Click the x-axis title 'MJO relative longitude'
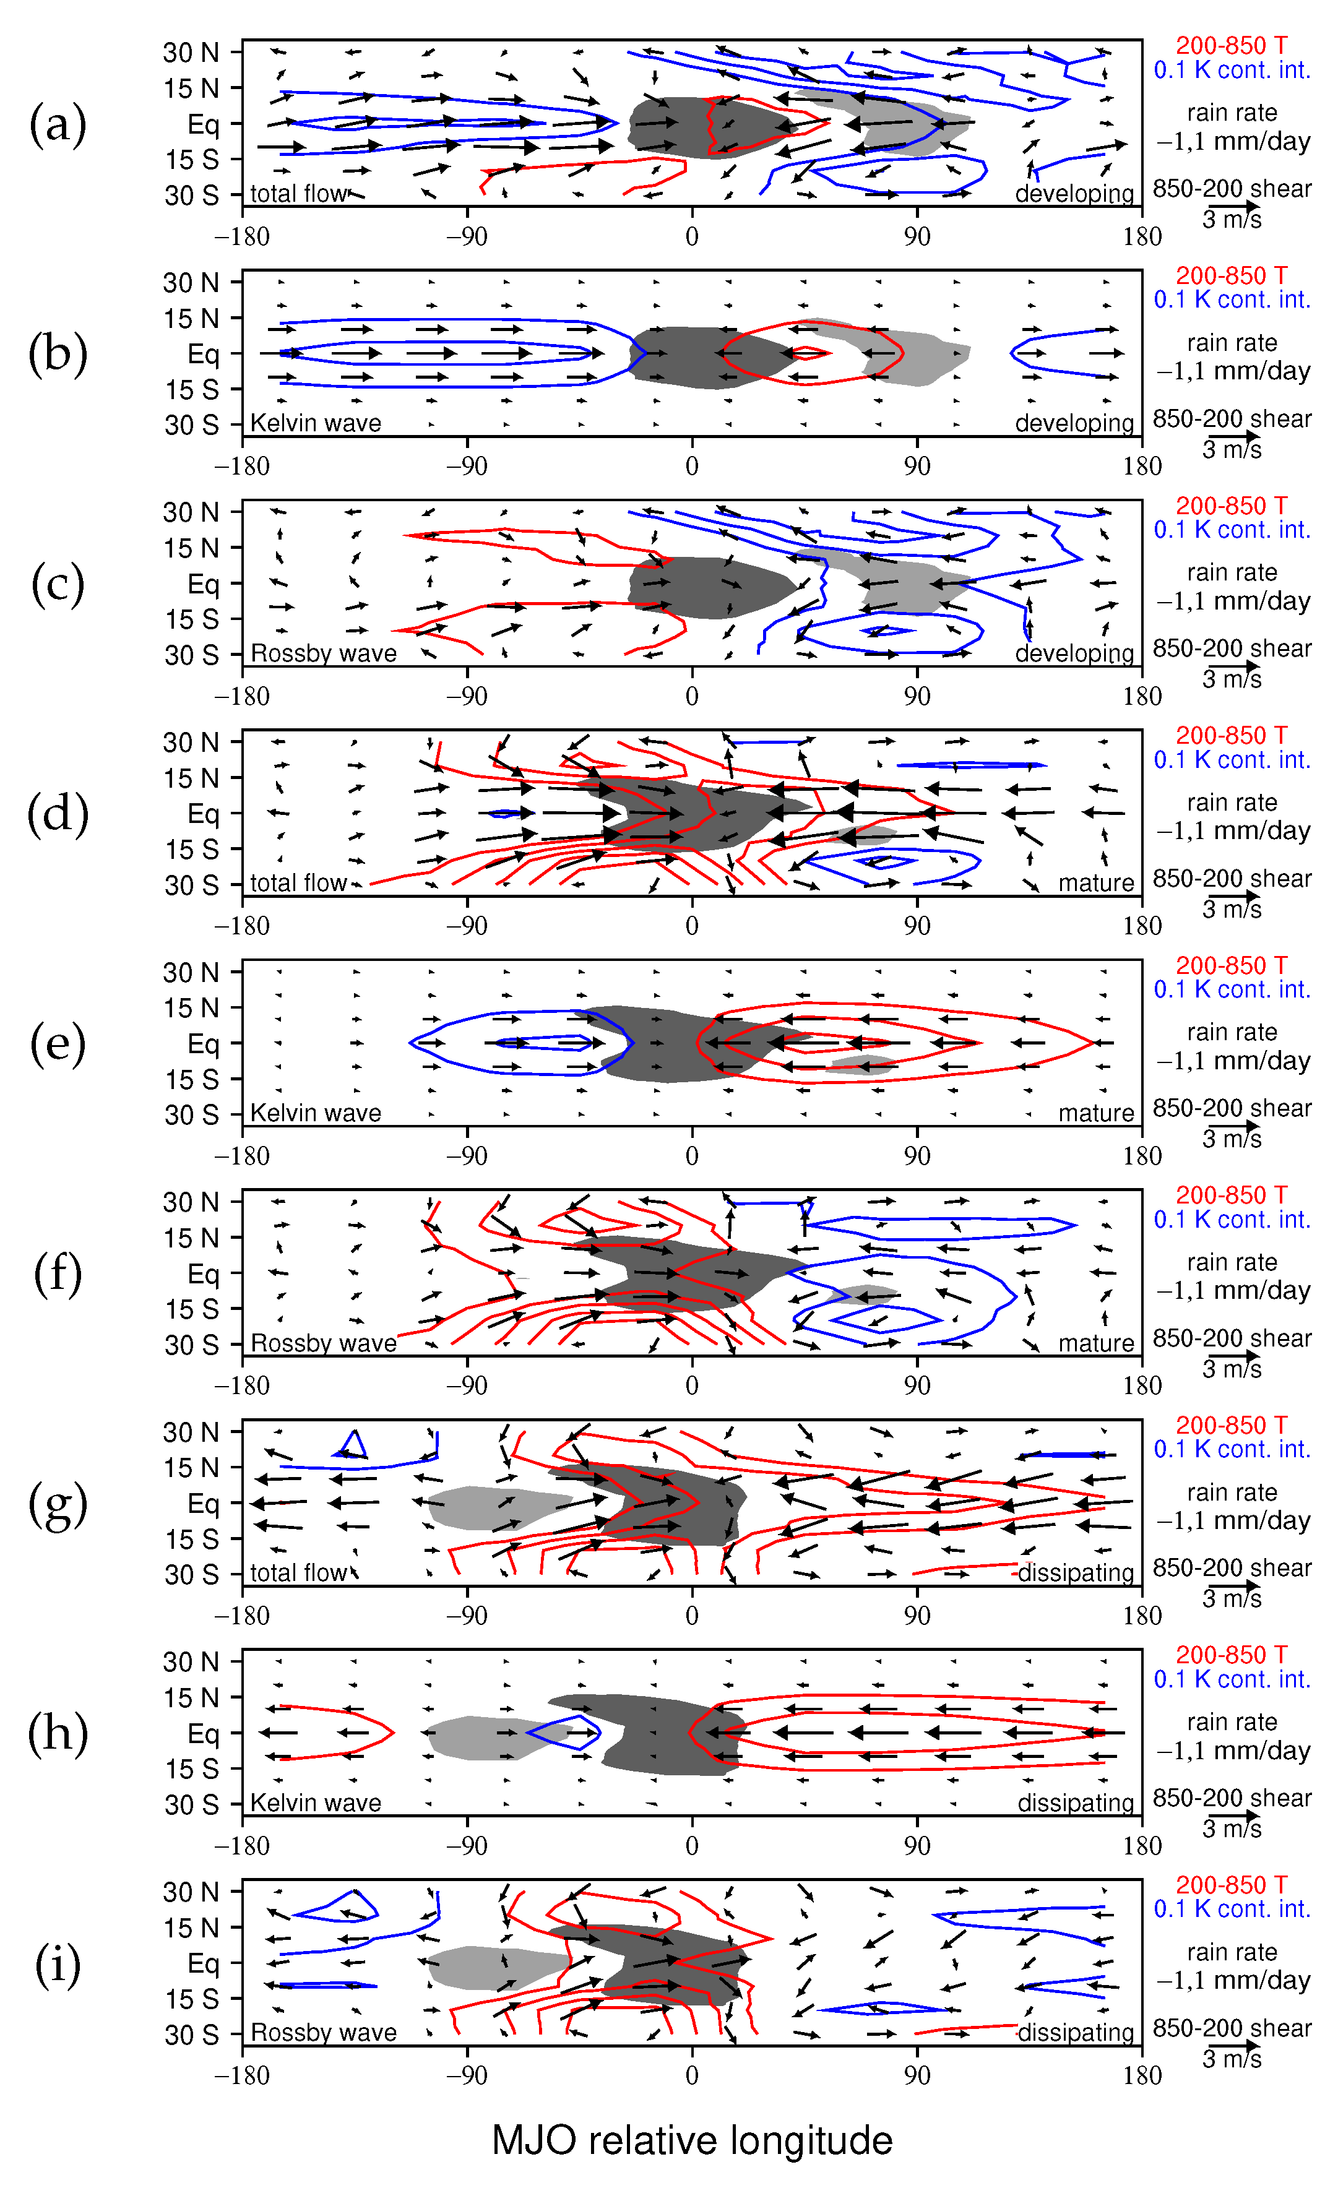[692, 2140]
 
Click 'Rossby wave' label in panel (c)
[323, 653]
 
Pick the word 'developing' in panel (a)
[1074, 194]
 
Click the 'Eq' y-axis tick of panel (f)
[204, 1274]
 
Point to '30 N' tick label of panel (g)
[191, 1432]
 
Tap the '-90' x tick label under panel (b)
[467, 466]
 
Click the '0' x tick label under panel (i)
[692, 2075]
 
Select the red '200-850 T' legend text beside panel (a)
[1232, 45]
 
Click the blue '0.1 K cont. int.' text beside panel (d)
[1232, 760]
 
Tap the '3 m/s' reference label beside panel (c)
[1232, 679]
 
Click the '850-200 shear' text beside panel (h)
[1232, 1798]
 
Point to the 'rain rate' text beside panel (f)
[1232, 1262]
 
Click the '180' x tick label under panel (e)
[1142, 1155]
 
